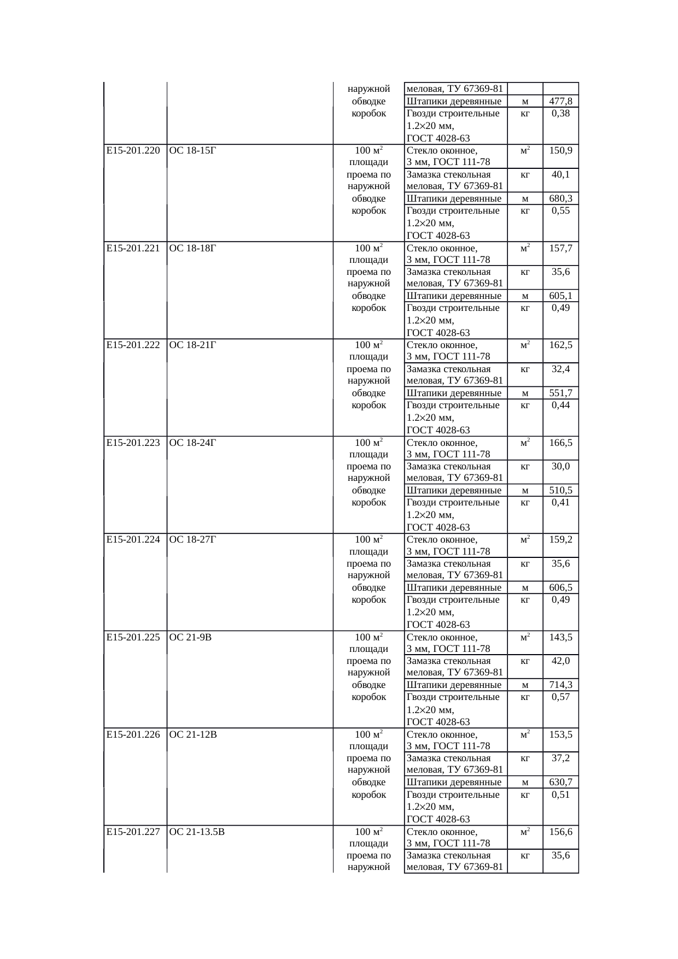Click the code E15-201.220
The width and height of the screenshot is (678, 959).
point(133,151)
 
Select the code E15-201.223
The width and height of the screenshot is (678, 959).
point(133,443)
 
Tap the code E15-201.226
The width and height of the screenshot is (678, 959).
point(133,734)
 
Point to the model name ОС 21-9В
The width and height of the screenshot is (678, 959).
point(191,637)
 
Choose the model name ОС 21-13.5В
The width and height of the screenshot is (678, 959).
point(197,832)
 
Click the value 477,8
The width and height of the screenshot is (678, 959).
point(560,102)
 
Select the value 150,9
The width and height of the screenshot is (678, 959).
point(560,151)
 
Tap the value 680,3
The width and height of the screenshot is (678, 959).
point(560,199)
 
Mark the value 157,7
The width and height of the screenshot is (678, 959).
point(560,248)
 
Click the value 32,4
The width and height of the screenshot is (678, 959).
point(560,369)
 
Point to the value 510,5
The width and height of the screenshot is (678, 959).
point(560,491)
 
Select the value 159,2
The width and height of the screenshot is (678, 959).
point(560,540)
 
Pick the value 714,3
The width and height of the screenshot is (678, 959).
point(560,685)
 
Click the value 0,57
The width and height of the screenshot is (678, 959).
point(560,697)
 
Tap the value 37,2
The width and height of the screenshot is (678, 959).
point(560,758)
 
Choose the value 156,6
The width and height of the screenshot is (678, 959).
point(560,832)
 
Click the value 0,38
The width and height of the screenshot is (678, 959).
point(560,114)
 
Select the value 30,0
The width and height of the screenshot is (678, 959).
point(560,467)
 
